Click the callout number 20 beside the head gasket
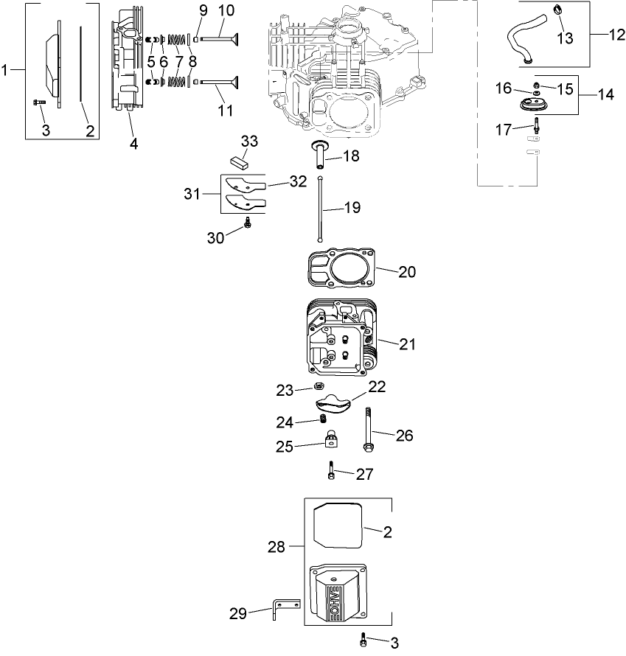406,272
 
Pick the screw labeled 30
249,222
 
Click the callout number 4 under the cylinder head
133,144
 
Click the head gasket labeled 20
339,271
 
